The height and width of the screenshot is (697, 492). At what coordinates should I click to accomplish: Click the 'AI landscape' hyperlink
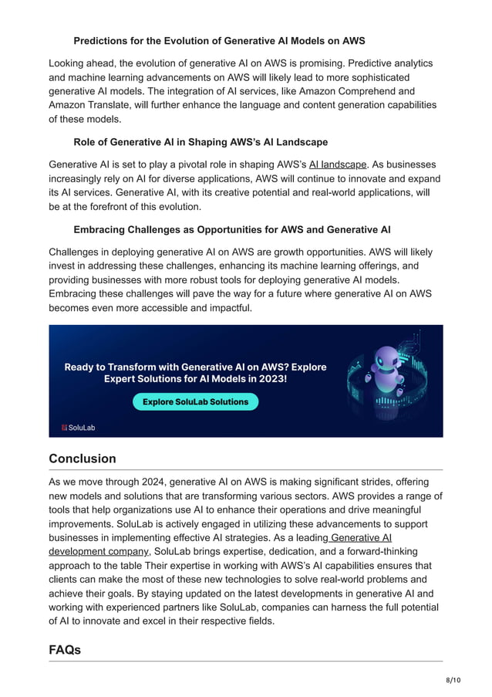click(338, 164)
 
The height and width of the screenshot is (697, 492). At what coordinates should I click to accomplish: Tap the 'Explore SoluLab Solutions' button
click(195, 401)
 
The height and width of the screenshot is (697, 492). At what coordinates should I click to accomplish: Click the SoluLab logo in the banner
click(78, 427)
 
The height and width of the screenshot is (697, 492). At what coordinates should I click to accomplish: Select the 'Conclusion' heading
click(83, 458)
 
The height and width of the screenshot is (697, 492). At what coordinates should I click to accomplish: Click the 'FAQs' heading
click(65, 650)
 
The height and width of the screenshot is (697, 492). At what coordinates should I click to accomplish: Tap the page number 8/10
click(453, 678)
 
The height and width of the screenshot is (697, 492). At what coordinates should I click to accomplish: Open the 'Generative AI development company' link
click(99, 551)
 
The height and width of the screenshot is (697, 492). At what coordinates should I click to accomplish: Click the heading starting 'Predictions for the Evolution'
click(219, 40)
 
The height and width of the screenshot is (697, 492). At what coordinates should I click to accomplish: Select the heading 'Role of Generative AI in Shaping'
click(201, 142)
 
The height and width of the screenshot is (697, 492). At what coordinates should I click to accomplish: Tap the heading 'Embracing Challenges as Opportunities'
click(231, 229)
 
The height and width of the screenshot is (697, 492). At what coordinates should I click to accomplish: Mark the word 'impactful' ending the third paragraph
click(227, 307)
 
